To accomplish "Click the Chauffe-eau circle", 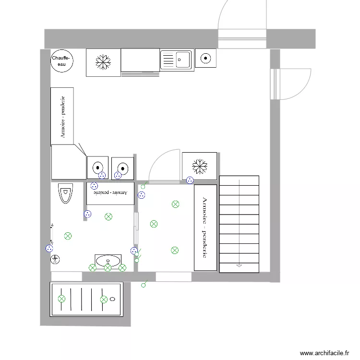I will tap(62, 60).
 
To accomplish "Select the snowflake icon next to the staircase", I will tap(199, 166).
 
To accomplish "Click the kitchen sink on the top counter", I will tap(176, 60).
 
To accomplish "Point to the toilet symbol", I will tap(64, 193).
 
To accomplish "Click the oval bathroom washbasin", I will tap(108, 261).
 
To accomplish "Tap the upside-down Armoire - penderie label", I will tap(110, 192).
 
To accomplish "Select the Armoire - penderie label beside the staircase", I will tap(204, 228).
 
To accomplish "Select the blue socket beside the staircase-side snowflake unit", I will tap(190, 180).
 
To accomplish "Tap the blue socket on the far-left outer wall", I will tap(49, 248).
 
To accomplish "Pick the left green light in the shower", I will tap(61, 299).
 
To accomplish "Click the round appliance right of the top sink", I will tap(205, 59).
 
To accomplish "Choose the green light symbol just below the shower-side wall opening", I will tap(143, 286).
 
